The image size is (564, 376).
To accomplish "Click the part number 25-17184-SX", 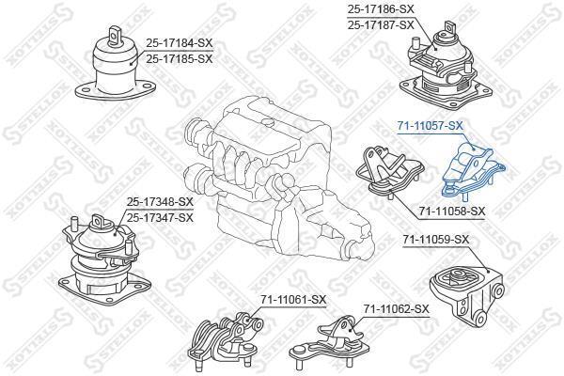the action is pyautogui.click(x=180, y=43).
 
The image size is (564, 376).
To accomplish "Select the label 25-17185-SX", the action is pyautogui.click(x=180, y=58).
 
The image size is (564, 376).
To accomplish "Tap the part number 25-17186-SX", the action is pyautogui.click(x=381, y=9).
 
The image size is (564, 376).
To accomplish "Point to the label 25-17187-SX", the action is pyautogui.click(x=381, y=25).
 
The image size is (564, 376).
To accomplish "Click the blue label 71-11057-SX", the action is pyautogui.click(x=430, y=126).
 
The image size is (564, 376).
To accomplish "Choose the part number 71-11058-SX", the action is pyautogui.click(x=452, y=211).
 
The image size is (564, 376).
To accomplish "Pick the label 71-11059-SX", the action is pyautogui.click(x=436, y=240).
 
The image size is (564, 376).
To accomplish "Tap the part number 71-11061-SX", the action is pyautogui.click(x=293, y=299).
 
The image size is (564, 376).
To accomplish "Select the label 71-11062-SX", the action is pyautogui.click(x=396, y=308).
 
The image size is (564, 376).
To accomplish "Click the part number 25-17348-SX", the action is pyautogui.click(x=160, y=202).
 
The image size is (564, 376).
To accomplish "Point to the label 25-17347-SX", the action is pyautogui.click(x=160, y=218).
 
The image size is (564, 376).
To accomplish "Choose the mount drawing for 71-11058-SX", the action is pyautogui.click(x=390, y=171).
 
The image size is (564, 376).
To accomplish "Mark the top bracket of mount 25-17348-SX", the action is pyautogui.click(x=102, y=222).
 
